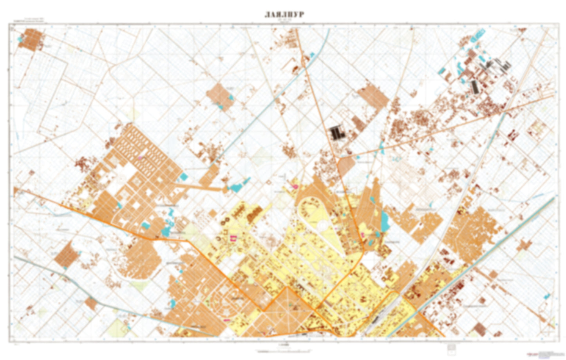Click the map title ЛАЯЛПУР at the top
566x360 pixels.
click(284, 15)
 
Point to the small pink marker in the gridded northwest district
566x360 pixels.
click(140, 157)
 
